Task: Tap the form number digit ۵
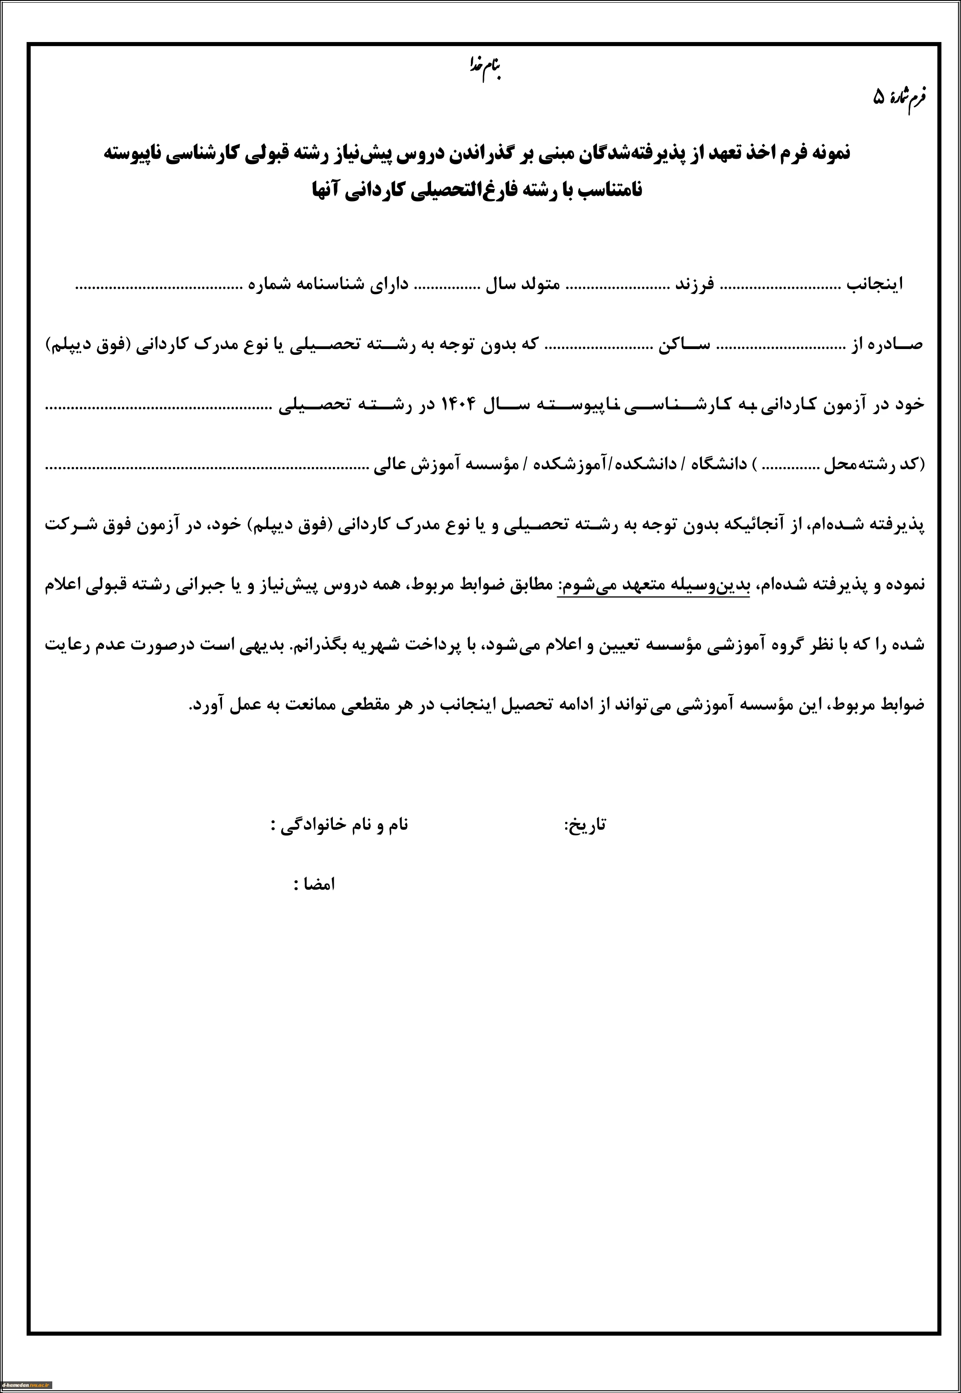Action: tap(880, 97)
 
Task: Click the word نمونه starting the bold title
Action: tap(826, 153)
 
